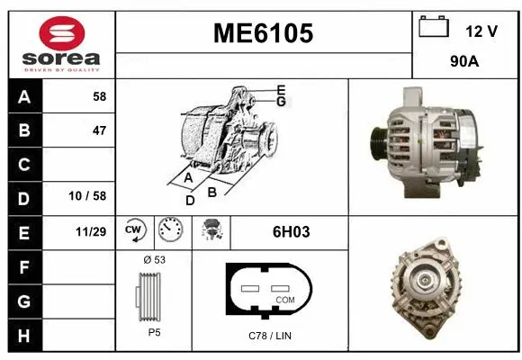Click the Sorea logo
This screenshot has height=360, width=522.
pos(61,42)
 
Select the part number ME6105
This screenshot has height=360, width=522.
pos(263,33)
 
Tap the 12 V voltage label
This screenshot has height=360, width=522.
pos(481,31)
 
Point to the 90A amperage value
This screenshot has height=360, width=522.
pos(464,64)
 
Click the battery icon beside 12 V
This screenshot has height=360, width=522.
pos(434,28)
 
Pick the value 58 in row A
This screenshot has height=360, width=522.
pos(99,97)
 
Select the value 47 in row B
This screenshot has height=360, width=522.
pos(99,130)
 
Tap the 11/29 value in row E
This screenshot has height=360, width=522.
pos(93,231)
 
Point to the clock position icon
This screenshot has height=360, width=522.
pos(169,231)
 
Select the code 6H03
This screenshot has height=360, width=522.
pos(291,231)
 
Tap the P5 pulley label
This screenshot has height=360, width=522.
pos(154,332)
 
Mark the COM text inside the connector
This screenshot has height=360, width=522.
pos(284,299)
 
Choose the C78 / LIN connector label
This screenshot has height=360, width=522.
pos(270,336)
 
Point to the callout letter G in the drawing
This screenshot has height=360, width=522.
pos(281,103)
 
